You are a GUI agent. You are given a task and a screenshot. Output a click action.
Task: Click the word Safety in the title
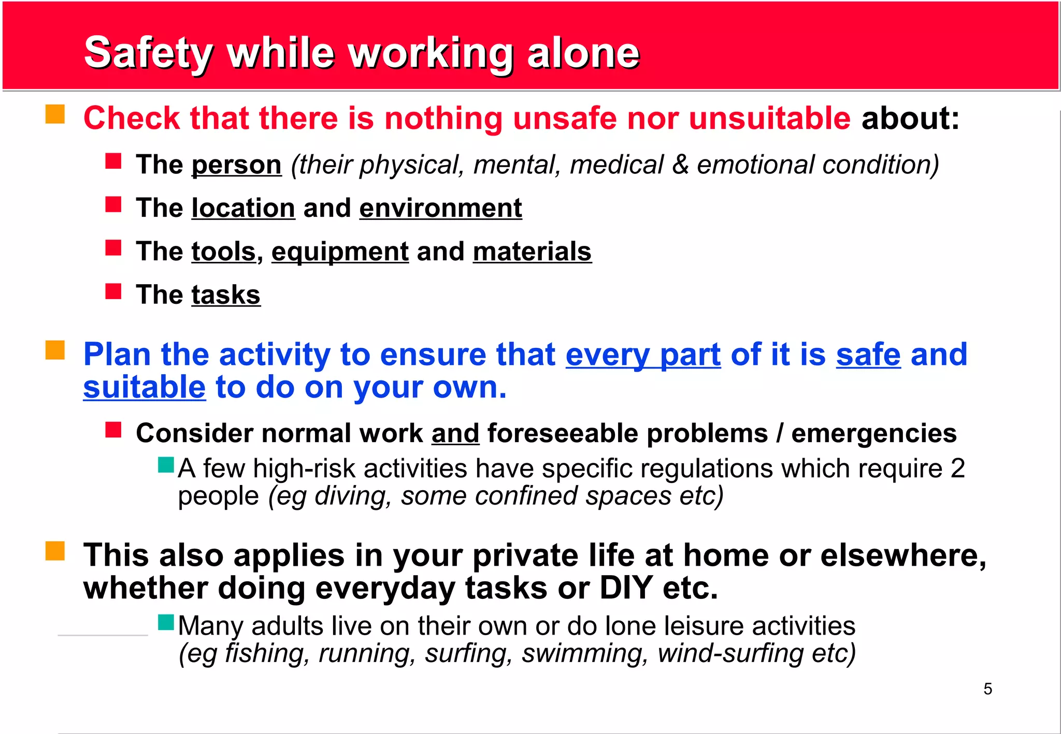point(148,53)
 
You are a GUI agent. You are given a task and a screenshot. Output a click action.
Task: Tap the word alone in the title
point(583,53)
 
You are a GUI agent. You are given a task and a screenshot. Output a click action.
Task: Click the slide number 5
point(987,689)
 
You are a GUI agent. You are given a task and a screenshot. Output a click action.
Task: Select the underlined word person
point(236,165)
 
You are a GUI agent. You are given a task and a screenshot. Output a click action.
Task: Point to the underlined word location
point(243,208)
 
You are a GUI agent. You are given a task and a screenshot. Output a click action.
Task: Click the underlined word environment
point(440,208)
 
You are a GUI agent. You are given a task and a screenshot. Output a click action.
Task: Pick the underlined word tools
point(223,252)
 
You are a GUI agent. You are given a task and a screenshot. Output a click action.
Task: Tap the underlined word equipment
point(340,252)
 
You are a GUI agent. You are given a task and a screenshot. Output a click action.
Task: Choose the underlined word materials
point(532,252)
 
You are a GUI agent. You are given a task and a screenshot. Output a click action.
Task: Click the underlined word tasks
point(226,295)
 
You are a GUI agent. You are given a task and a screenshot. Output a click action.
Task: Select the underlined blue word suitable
point(145,388)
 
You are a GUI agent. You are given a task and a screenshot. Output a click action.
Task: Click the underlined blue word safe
point(868,355)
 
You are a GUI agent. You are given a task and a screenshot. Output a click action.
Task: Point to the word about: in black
point(910,119)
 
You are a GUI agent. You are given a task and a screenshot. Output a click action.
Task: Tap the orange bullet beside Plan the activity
point(55,350)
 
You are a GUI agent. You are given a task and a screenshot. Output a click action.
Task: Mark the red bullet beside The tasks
point(113,291)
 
